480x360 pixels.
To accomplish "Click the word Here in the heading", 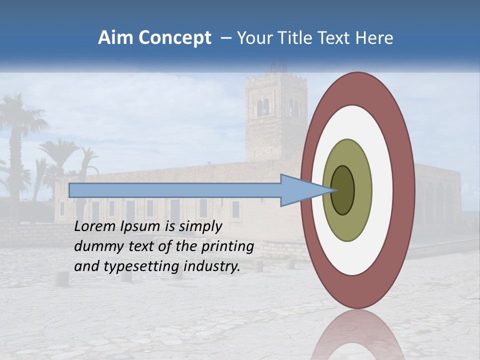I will pyautogui.click(x=374, y=38).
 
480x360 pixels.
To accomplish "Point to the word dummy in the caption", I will pyautogui.click(x=95, y=247).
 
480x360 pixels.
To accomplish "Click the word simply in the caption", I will pyautogui.click(x=200, y=227).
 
